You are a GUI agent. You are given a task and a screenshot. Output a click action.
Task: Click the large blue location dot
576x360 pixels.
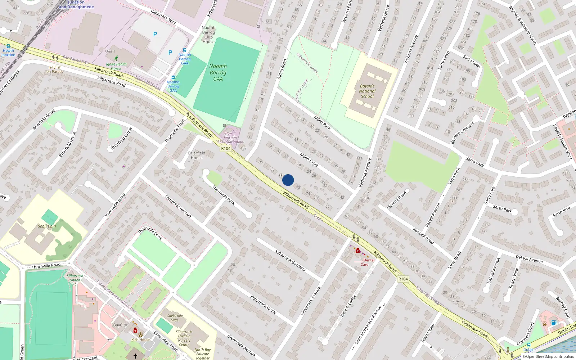(x=288, y=180)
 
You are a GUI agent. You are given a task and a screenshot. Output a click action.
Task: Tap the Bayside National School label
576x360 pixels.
(x=367, y=91)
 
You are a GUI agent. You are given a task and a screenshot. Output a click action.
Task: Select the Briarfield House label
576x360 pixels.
(x=197, y=155)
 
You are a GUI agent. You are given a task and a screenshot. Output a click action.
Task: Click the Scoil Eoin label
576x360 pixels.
(x=47, y=226)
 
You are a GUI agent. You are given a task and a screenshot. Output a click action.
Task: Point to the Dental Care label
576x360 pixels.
(x=367, y=262)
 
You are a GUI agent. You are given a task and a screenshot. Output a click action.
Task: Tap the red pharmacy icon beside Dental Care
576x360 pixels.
(x=358, y=250)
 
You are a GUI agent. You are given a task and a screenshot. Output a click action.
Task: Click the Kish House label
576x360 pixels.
(x=141, y=339)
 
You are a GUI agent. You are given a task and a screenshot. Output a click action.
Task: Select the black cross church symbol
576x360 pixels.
(x=135, y=356)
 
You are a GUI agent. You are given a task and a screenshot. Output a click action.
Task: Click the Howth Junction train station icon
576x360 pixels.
(x=8, y=46)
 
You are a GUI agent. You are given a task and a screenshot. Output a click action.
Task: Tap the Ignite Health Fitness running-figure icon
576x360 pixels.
(x=116, y=58)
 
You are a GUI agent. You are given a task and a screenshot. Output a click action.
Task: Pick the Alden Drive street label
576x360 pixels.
(x=309, y=159)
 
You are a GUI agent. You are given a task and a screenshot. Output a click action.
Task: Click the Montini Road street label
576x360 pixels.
(x=396, y=200)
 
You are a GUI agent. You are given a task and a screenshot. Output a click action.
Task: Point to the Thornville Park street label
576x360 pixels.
(x=223, y=195)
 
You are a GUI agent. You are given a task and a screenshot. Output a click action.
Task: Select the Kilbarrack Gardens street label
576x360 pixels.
(x=290, y=260)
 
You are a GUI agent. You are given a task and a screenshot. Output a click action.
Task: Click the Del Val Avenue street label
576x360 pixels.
(x=529, y=258)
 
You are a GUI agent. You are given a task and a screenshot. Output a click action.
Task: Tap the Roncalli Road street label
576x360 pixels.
(x=423, y=236)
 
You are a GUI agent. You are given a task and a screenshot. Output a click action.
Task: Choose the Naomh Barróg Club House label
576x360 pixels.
(x=208, y=35)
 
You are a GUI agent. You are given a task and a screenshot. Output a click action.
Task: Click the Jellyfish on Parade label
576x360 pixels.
(x=55, y=69)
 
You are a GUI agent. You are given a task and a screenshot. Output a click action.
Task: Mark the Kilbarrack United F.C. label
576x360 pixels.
(x=75, y=280)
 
